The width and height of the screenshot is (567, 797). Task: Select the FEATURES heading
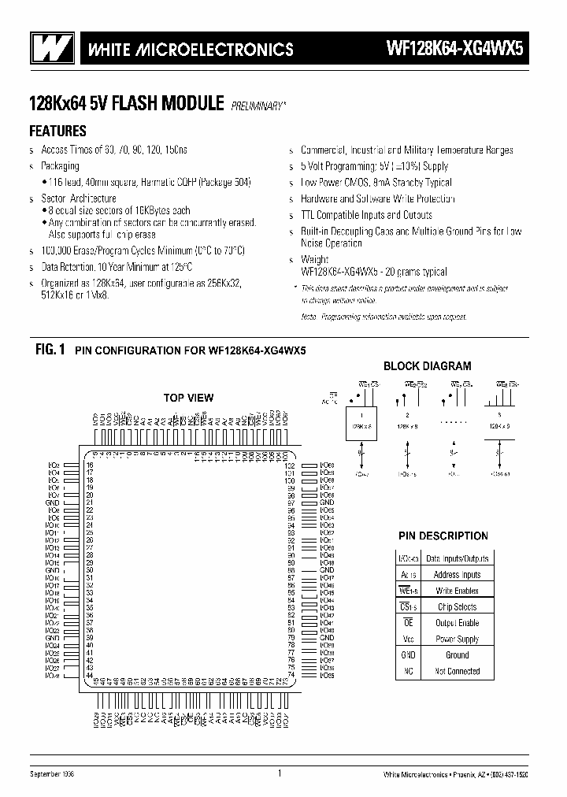(x=57, y=132)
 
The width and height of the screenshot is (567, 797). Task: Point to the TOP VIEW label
(x=188, y=398)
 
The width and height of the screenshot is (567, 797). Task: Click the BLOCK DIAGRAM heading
(x=427, y=365)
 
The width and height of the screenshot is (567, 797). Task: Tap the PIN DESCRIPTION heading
(x=442, y=536)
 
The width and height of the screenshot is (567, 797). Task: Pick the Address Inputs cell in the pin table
(x=457, y=574)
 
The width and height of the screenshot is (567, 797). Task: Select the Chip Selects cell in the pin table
(x=457, y=606)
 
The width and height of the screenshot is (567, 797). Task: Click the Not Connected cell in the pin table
(x=457, y=671)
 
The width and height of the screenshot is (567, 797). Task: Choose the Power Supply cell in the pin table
(x=457, y=639)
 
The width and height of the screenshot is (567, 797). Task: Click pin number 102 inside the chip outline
(x=289, y=465)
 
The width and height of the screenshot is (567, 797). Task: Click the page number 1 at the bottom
(x=280, y=773)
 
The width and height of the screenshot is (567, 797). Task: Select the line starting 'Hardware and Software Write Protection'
(x=377, y=199)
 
